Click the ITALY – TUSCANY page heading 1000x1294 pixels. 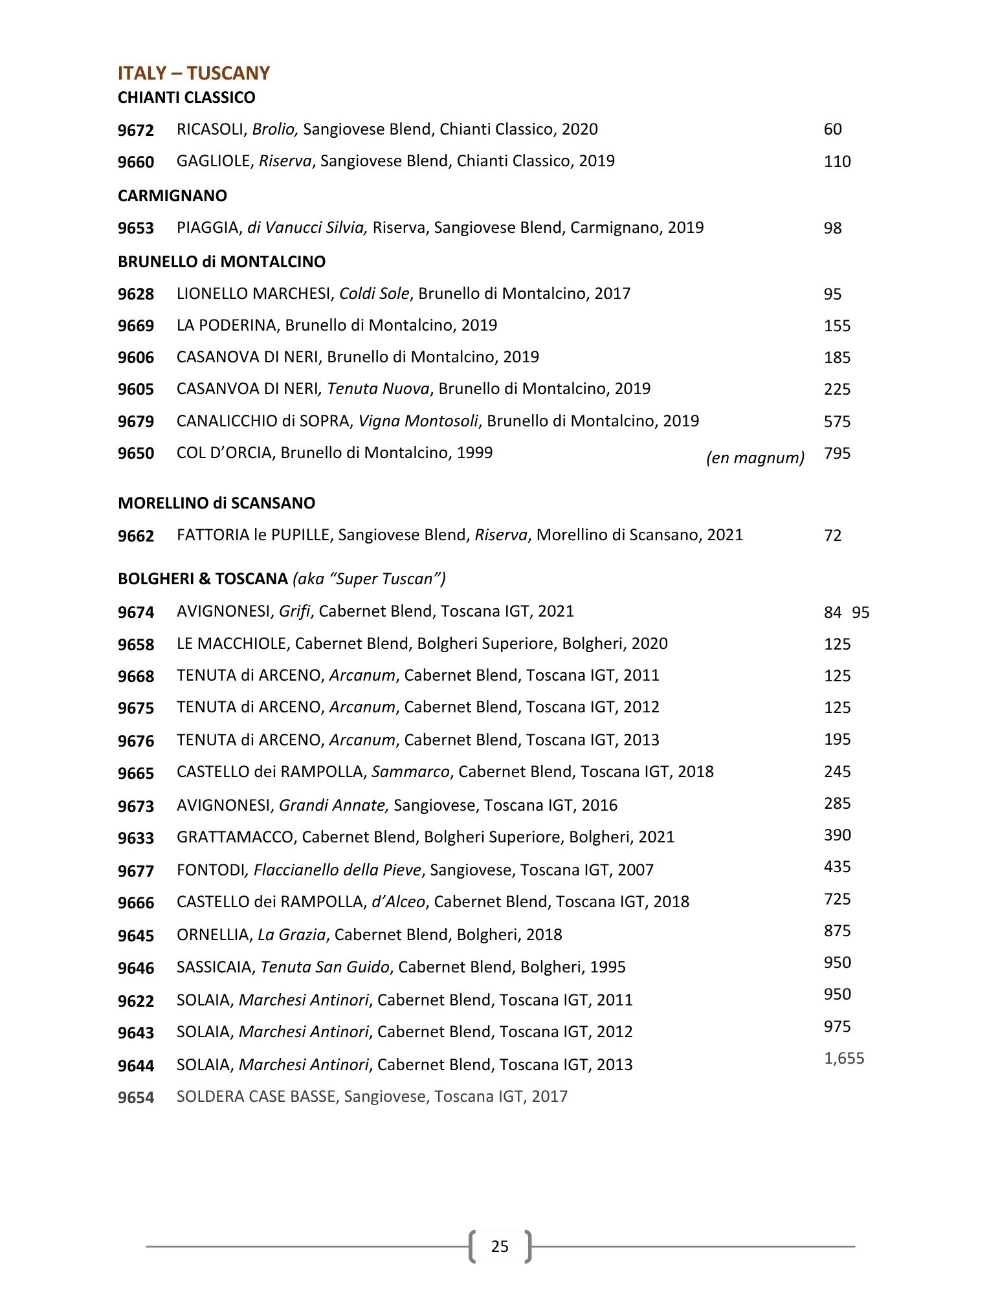(x=194, y=73)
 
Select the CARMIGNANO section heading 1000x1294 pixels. (x=172, y=195)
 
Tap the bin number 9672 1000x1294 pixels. (x=136, y=130)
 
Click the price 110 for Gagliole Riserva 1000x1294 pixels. (x=837, y=162)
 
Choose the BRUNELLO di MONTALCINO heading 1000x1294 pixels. (x=221, y=262)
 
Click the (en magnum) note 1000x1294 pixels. (x=755, y=458)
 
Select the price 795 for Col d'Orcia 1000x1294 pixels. (x=837, y=454)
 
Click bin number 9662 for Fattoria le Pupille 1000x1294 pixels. (x=136, y=536)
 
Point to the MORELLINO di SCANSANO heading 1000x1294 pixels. (x=216, y=503)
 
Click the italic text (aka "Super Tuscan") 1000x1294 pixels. (x=369, y=579)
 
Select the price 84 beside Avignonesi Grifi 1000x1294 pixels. (x=832, y=612)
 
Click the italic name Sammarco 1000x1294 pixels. (x=411, y=772)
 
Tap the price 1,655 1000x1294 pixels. (x=844, y=1058)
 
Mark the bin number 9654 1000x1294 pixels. (x=136, y=1097)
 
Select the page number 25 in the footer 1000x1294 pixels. (x=500, y=1246)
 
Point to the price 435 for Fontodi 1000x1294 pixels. (x=837, y=867)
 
